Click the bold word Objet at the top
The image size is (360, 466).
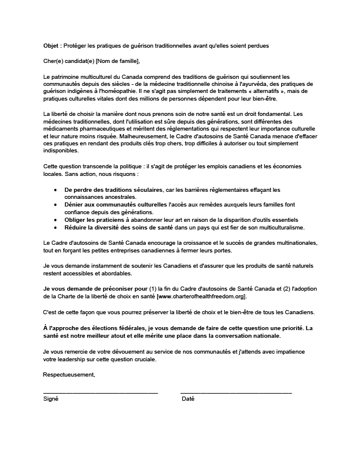[51, 46]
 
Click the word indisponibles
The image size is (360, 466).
[63, 151]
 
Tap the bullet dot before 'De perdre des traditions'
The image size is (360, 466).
[55, 189]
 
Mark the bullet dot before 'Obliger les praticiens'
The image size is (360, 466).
[55, 219]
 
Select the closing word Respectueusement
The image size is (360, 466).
[69, 375]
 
